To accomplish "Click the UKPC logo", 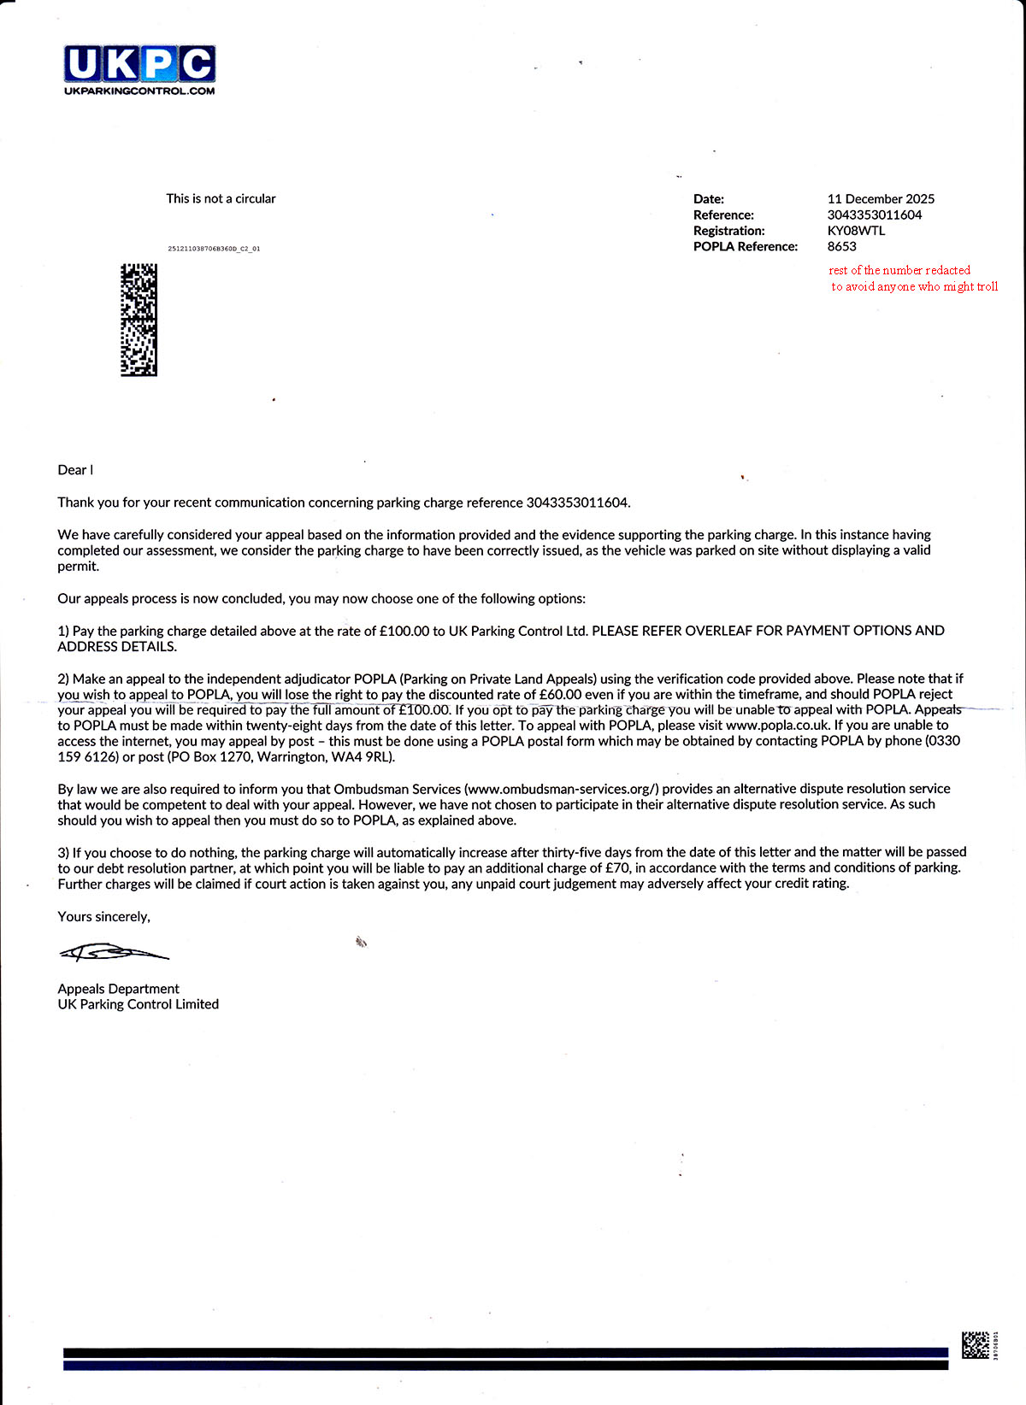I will tap(139, 65).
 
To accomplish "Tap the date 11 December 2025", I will tap(881, 198).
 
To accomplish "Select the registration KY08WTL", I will tap(856, 231).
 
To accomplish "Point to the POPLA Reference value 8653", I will tap(841, 246).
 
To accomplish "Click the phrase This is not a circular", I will tap(221, 198).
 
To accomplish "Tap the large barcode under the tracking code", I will tap(139, 320).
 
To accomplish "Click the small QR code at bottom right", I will tap(976, 1344).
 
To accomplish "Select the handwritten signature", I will tap(113, 952).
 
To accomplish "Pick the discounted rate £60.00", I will tap(560, 694).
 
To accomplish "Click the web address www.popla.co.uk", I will tap(777, 725).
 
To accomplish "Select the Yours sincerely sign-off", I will tap(103, 916).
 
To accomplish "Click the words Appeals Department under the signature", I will tap(118, 989).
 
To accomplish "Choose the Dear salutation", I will tap(73, 470).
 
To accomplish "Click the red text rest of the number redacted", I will tap(899, 270).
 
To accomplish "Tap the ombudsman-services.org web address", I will tap(562, 788).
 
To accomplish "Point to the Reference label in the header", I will tap(723, 215).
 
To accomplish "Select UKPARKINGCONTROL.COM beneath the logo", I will tap(139, 91).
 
